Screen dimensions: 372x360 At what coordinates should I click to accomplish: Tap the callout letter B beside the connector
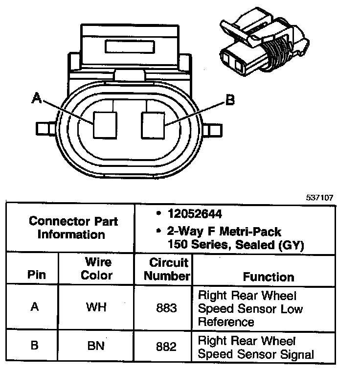[x=229, y=101]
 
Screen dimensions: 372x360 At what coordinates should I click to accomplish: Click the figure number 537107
[x=320, y=198]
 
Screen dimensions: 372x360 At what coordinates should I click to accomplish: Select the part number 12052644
[x=194, y=214]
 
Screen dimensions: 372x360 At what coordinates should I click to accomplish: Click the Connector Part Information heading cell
[x=73, y=228]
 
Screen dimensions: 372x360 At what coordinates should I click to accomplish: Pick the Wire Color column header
[x=96, y=269]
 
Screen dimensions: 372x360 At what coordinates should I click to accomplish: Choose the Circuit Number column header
[x=167, y=269]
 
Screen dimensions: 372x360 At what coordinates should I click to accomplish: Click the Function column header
[x=269, y=277]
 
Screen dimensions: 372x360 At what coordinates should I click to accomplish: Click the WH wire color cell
[x=96, y=308]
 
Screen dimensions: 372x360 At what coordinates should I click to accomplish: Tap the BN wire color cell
[x=96, y=346]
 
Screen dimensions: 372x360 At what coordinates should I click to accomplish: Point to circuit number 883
[x=167, y=308]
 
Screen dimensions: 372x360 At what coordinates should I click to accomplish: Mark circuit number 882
[x=167, y=346]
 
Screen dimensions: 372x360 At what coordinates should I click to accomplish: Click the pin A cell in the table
[x=34, y=308]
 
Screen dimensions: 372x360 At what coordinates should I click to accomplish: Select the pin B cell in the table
[x=34, y=346]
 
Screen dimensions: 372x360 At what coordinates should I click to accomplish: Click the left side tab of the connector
[x=45, y=128]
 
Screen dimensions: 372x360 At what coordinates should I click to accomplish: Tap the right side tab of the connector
[x=215, y=130]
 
